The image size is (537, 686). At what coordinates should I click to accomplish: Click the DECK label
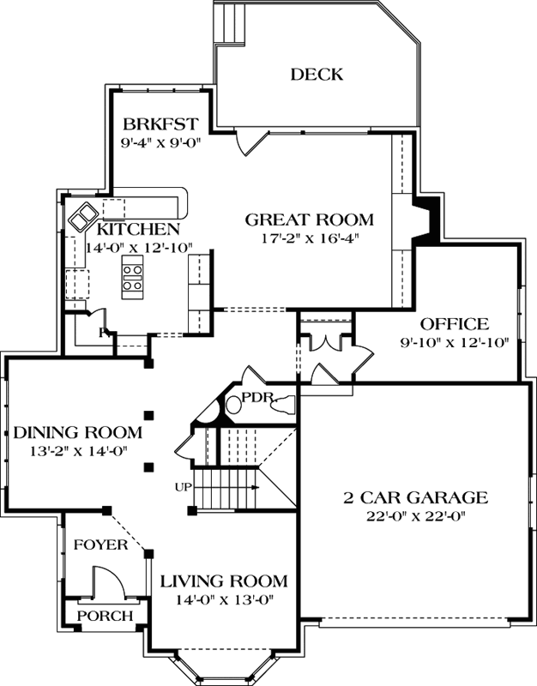(x=316, y=75)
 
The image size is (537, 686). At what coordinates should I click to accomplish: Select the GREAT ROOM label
(x=310, y=219)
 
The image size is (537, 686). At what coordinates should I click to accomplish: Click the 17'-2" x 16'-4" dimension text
(x=310, y=238)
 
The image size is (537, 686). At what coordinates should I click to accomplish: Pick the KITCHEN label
(x=138, y=229)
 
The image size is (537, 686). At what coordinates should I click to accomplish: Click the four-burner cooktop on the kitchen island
(x=133, y=279)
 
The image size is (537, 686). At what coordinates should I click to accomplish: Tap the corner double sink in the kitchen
(x=83, y=217)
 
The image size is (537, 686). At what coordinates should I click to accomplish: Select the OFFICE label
(x=454, y=324)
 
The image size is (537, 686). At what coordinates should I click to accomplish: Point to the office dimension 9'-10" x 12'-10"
(x=456, y=341)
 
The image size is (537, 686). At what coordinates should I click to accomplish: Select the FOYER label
(x=100, y=545)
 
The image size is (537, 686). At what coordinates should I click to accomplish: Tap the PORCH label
(x=105, y=616)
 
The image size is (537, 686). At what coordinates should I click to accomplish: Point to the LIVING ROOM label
(x=223, y=581)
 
